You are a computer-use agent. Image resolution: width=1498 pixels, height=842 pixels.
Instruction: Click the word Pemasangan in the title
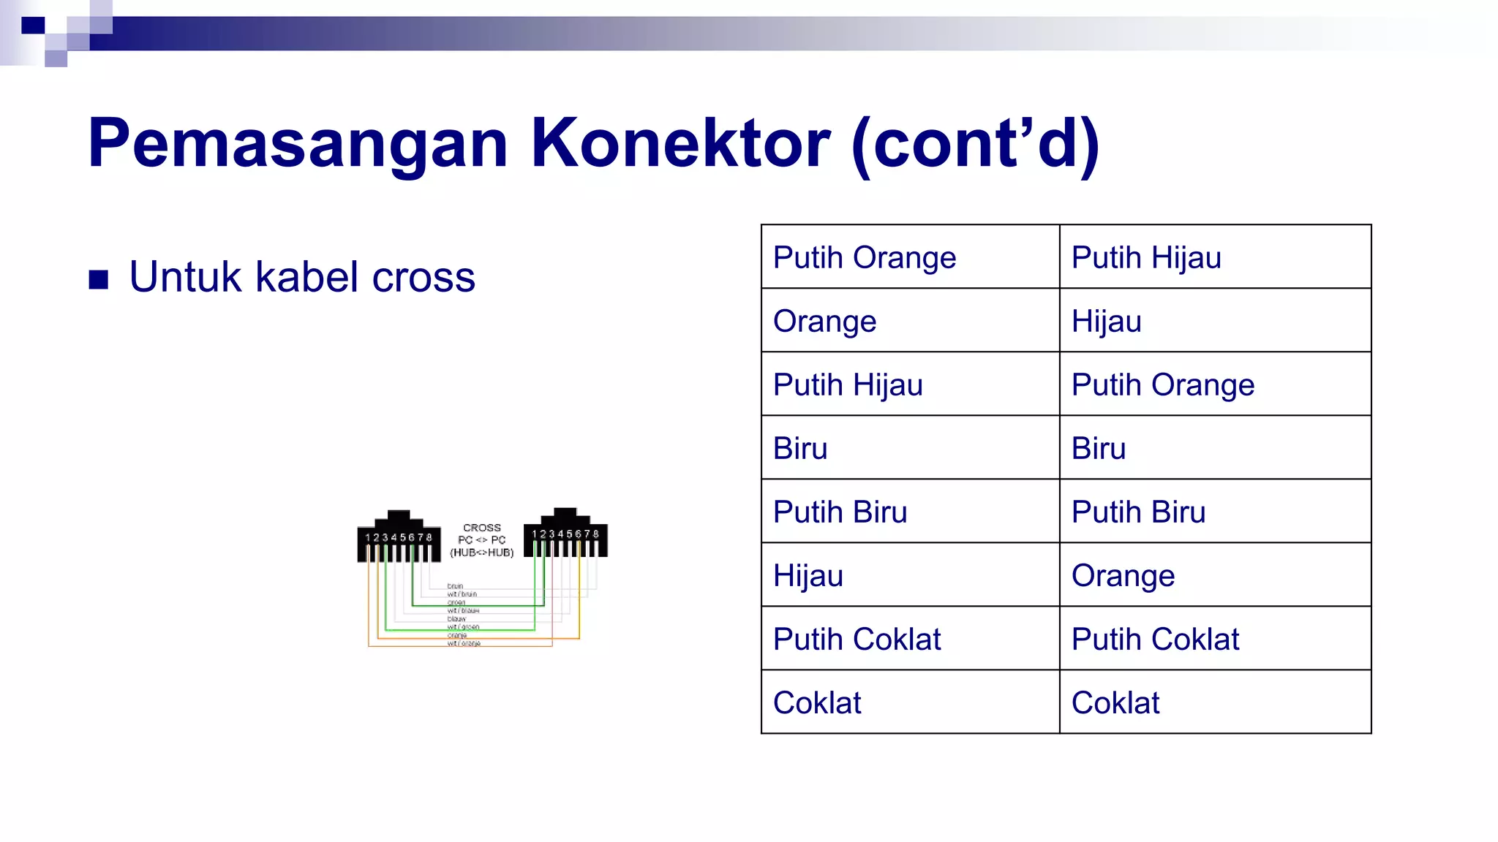point(297,144)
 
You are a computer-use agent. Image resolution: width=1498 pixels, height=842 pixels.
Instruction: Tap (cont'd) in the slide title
point(976,144)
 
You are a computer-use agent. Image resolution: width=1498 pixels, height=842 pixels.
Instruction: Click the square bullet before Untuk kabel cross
point(99,279)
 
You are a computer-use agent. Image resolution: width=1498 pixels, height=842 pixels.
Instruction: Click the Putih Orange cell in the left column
point(864,258)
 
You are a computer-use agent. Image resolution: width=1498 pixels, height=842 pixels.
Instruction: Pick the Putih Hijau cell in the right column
point(1145,258)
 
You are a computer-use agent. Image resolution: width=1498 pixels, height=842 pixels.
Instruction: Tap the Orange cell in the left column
point(824,322)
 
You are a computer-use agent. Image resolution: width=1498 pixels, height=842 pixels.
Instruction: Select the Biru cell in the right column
point(1098,449)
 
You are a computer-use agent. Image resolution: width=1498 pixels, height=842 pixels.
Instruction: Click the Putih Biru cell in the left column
point(840,512)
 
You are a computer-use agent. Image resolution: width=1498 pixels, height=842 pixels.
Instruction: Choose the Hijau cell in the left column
point(808,576)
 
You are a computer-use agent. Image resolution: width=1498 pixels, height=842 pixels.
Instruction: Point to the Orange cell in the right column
point(1122,576)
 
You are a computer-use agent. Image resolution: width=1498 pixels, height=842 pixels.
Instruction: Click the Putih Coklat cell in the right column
point(1154,640)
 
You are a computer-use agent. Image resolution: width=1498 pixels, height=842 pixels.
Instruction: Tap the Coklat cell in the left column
point(816,703)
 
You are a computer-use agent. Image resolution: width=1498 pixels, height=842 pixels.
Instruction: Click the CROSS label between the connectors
point(481,528)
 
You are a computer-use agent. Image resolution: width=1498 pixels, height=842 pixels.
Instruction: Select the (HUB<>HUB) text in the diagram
point(481,553)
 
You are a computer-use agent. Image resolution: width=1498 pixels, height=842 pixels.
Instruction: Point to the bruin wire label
point(455,586)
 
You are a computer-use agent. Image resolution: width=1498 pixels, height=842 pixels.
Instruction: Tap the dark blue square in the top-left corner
point(33,26)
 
